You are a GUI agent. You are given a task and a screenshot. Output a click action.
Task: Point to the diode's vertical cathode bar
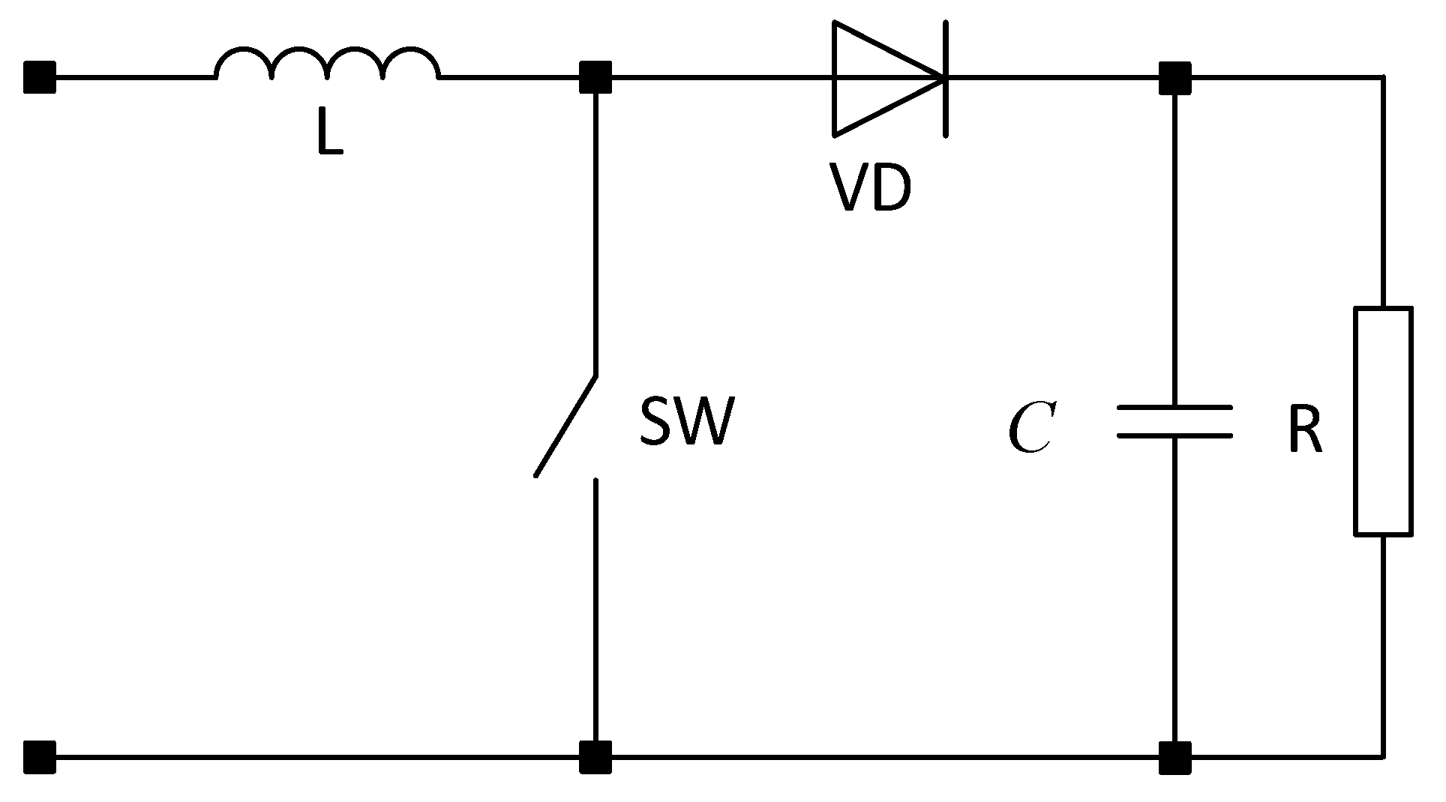(945, 79)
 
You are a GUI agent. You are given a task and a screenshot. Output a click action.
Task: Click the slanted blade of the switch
(566, 425)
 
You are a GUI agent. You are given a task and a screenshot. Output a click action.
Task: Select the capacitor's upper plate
(1174, 408)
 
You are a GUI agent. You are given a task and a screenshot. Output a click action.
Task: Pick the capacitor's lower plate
(1174, 435)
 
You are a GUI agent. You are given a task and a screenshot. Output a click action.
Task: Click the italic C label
(1032, 428)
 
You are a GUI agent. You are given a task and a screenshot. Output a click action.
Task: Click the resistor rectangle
(1383, 421)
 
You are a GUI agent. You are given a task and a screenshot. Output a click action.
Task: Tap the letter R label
(1305, 432)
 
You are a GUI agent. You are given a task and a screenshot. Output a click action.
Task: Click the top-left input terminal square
(40, 77)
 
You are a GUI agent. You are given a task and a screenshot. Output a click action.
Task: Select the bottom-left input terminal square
(40, 757)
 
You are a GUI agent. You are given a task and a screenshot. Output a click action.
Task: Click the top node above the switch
(595, 77)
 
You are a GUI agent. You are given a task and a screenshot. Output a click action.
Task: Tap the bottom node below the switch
(595, 757)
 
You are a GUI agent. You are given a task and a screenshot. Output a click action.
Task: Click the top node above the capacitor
(1174, 77)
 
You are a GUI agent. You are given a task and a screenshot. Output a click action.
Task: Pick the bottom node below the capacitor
(1174, 757)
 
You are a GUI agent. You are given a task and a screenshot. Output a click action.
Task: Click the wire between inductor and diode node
(510, 77)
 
